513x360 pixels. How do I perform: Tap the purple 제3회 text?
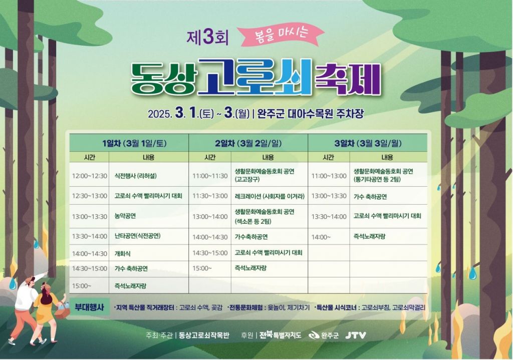pyautogui.click(x=207, y=38)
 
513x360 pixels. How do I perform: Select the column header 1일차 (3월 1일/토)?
pyautogui.click(x=134, y=144)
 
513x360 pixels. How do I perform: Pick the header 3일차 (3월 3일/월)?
pyautogui.click(x=368, y=144)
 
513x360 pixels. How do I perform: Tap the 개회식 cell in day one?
pyautogui.click(x=122, y=253)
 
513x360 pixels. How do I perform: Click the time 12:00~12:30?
pyautogui.click(x=89, y=176)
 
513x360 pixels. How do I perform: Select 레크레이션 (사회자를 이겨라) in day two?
pyautogui.click(x=270, y=196)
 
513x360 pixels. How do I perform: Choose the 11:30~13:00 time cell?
pyautogui.click(x=210, y=196)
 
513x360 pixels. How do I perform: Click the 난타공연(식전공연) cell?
pyautogui.click(x=137, y=236)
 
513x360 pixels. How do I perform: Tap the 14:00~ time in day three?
pyautogui.click(x=321, y=237)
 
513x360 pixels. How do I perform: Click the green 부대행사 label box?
pyautogui.click(x=89, y=307)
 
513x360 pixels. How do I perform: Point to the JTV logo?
pyautogui.click(x=355, y=335)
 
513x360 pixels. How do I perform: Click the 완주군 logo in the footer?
pyautogui.click(x=323, y=335)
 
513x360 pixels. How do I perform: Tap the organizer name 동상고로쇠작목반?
pyautogui.click(x=204, y=335)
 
